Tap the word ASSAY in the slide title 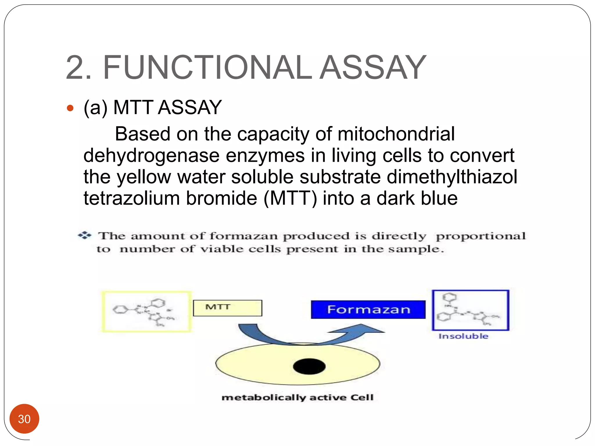373,68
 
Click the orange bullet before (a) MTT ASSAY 70,108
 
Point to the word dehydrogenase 151,156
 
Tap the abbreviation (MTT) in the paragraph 290,198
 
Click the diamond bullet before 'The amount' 85,235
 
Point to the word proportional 481,236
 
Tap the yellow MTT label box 227,308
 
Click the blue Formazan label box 368,310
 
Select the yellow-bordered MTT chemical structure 146,312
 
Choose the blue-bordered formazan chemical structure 470,310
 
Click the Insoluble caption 463,336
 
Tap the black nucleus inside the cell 309,366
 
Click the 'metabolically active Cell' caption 297,397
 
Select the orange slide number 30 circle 24,419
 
